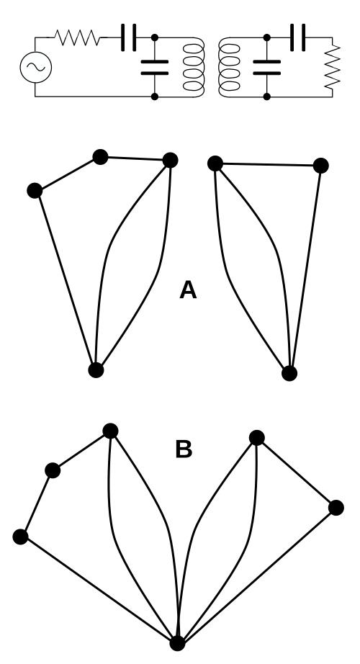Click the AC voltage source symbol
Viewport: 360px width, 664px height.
click(36, 67)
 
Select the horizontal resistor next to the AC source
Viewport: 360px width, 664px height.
click(78, 37)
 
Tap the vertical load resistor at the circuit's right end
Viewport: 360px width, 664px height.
click(333, 67)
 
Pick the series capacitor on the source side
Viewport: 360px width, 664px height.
click(129, 37)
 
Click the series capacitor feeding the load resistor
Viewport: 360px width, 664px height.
click(298, 37)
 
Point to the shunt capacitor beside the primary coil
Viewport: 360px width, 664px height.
click(155, 67)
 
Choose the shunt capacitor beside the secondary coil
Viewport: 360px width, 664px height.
click(267, 67)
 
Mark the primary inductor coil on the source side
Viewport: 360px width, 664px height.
click(194, 67)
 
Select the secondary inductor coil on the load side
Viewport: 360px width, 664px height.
click(229, 67)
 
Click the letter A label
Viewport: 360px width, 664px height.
click(188, 290)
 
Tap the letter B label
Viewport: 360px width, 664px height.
click(184, 449)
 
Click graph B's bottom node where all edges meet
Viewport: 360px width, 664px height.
click(177, 643)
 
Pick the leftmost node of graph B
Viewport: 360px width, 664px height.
click(20, 537)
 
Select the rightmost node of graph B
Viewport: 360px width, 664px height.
click(336, 507)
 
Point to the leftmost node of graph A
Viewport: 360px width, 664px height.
click(35, 191)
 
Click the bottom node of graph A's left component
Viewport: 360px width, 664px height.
click(96, 369)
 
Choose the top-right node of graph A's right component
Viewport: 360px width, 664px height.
click(320, 166)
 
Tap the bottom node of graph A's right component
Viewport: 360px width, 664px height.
click(289, 373)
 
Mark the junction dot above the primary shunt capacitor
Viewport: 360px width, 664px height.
click(155, 37)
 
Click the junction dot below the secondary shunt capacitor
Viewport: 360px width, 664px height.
click(267, 97)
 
